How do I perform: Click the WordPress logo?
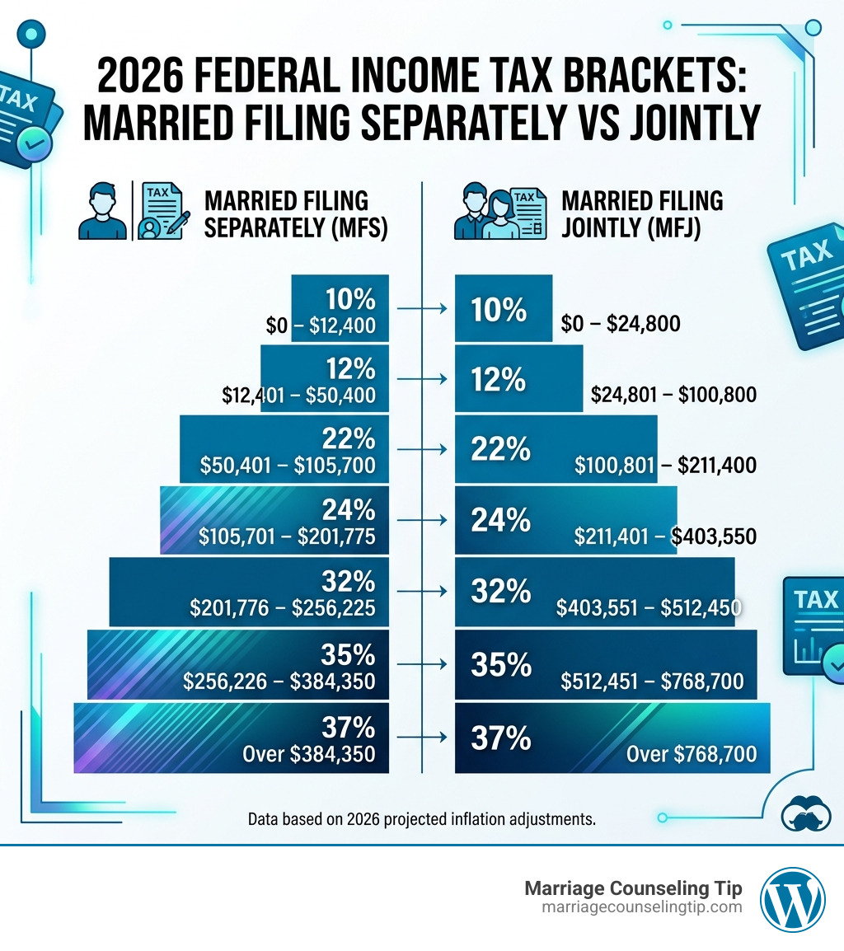pyautogui.click(x=792, y=899)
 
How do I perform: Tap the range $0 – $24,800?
pyautogui.click(x=621, y=324)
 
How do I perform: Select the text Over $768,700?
pyautogui.click(x=692, y=753)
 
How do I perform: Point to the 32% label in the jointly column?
pyautogui.click(x=500, y=592)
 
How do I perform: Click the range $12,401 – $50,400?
pyautogui.click(x=298, y=395)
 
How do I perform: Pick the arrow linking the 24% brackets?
pyautogui.click(x=421, y=520)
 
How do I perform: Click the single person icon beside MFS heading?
pyautogui.click(x=102, y=212)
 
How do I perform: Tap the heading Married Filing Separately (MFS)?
pyautogui.click(x=295, y=213)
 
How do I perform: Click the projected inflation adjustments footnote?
pyautogui.click(x=421, y=820)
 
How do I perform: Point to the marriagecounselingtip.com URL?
pyautogui.click(x=641, y=907)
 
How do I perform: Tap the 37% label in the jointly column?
pyautogui.click(x=500, y=738)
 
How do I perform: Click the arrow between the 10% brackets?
pyautogui.click(x=421, y=309)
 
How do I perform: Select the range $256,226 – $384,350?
pyautogui.click(x=279, y=682)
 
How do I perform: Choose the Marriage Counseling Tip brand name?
pyautogui.click(x=633, y=888)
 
